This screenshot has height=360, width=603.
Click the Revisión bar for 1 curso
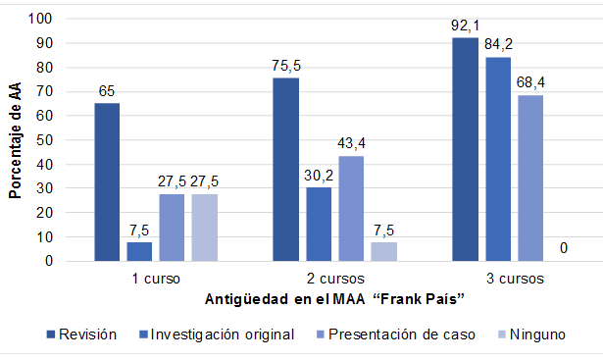(108, 182)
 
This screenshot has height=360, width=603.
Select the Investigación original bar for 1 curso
(139, 252)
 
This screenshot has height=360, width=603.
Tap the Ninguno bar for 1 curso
(205, 228)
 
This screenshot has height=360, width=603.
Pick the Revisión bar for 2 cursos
(285, 170)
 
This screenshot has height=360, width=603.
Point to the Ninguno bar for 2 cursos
(382, 252)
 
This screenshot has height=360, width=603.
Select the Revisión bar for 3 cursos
(465, 149)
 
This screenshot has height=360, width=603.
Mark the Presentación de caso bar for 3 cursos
(529, 178)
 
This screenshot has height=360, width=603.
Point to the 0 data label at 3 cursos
(563, 249)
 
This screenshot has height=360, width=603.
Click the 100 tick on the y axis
(43, 20)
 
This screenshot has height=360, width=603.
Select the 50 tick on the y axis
(47, 140)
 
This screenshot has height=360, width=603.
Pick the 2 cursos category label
(333, 278)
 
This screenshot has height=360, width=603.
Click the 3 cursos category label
(513, 278)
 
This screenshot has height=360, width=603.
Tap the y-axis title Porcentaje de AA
(15, 140)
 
